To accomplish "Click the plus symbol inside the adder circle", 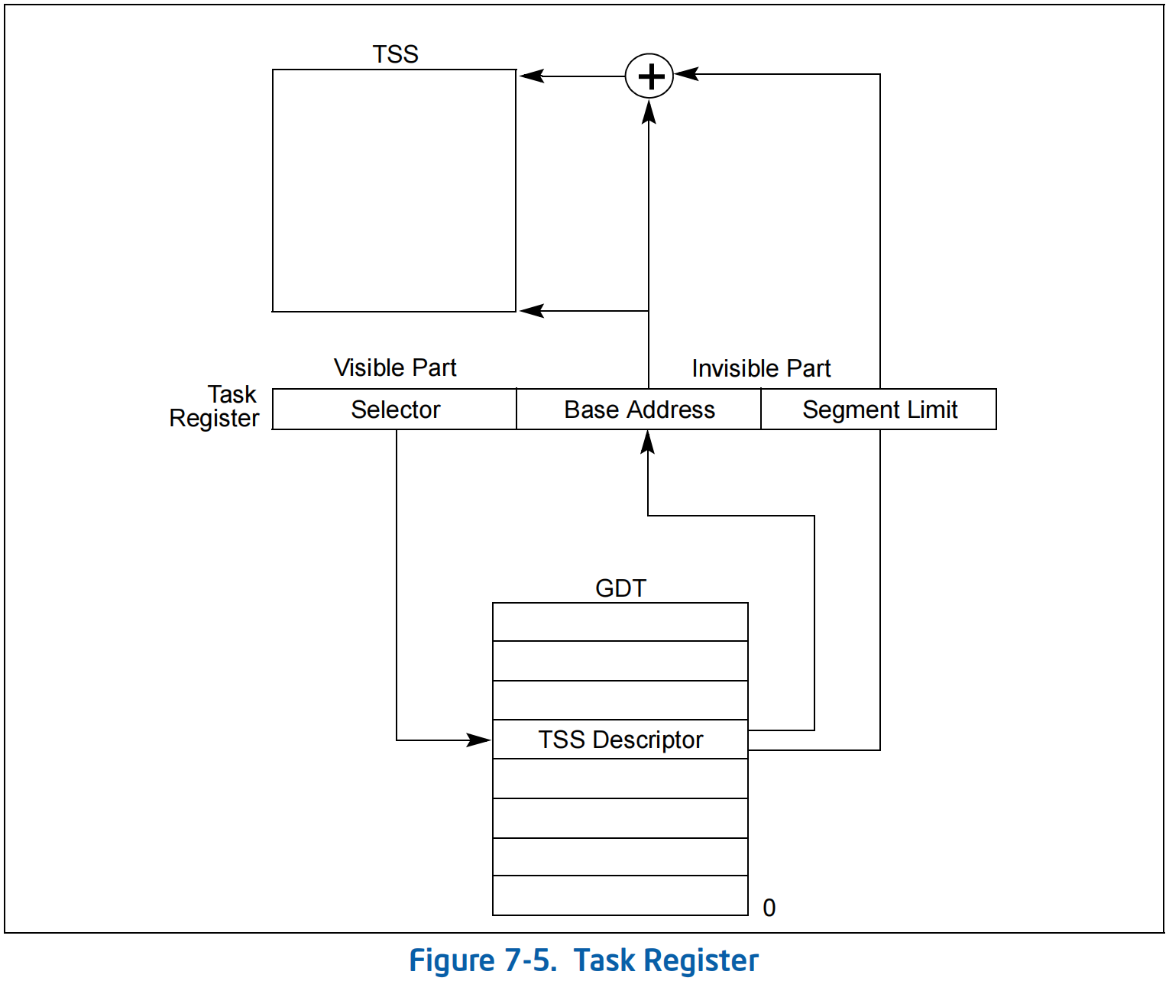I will pos(650,76).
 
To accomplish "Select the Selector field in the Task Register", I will pos(395,410).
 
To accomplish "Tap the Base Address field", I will pos(640,410).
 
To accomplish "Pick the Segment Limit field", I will pos(879,410).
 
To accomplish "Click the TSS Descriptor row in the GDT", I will pos(620,740).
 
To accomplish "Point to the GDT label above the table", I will pos(620,588).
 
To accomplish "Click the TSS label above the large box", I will pos(395,54).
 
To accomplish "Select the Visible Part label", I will pos(395,367).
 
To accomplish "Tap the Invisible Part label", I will pos(761,368).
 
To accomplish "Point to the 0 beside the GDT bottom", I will pos(769,908).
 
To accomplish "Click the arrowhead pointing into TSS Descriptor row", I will pos(480,740).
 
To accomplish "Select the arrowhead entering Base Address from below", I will pos(648,442).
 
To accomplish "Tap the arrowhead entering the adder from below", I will pos(649,112).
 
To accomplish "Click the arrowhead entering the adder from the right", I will pos(686,74).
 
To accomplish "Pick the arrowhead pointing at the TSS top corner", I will pos(531,76).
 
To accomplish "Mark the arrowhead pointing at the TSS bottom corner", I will pos(531,310).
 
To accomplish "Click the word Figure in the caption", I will pos(452,960).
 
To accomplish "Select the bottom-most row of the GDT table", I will pos(620,895).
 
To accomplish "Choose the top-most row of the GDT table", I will pos(620,622).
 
